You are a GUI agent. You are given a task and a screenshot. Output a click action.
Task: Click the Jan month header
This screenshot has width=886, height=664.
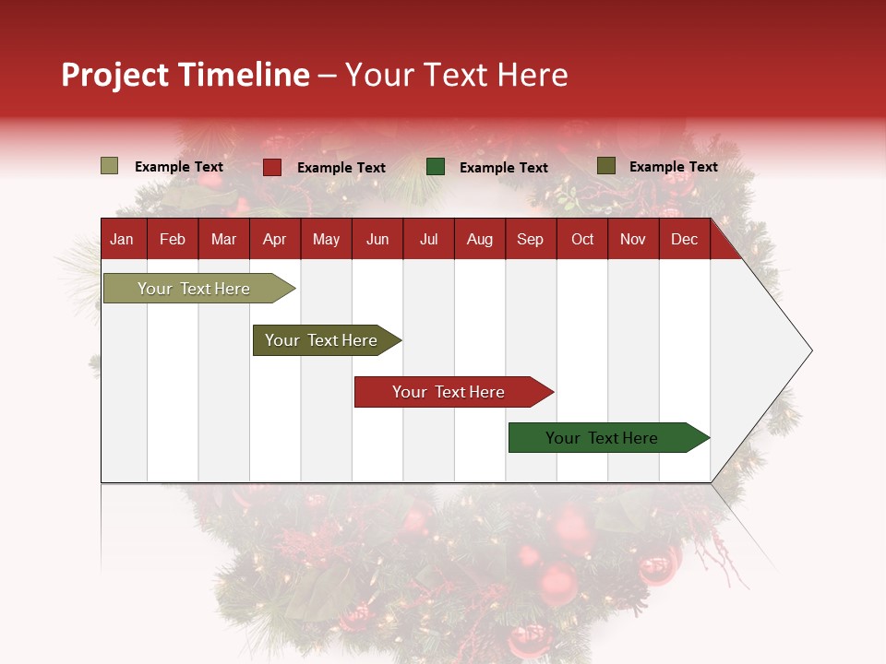pos(122,239)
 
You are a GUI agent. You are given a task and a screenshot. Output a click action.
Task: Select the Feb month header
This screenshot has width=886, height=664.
pos(173,239)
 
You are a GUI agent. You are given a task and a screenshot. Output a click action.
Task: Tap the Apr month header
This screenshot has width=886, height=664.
pos(274,239)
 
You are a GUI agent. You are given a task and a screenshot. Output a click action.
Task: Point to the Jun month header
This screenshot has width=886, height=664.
pos(377,239)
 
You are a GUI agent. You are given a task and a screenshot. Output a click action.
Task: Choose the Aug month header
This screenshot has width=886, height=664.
pos(479,239)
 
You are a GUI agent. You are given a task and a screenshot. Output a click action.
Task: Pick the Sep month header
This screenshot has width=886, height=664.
pos(530,239)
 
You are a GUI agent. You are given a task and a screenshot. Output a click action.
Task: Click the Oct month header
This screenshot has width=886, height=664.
pos(582,239)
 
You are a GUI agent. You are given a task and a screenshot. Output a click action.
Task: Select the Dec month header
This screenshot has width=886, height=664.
pos(684,239)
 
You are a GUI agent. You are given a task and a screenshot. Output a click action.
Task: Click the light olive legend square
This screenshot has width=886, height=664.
pos(109,166)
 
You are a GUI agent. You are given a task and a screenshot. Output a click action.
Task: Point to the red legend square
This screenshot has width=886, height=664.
pos(272,167)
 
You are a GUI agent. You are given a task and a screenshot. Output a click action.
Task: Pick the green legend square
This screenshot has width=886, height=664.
pos(436,167)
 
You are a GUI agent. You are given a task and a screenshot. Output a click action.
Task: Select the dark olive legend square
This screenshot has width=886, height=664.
pos(605,166)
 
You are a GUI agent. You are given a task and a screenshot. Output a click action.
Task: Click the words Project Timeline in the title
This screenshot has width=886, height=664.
pos(186,75)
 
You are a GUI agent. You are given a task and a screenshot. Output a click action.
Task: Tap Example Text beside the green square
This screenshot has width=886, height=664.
pos(504,168)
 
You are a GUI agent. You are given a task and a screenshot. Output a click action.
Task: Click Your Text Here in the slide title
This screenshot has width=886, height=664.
pos(457,75)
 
